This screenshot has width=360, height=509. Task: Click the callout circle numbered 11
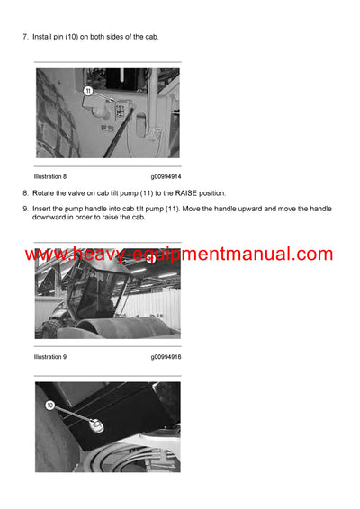click(x=88, y=91)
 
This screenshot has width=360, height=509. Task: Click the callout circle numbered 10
click(x=50, y=406)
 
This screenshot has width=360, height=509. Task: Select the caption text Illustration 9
click(x=50, y=357)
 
